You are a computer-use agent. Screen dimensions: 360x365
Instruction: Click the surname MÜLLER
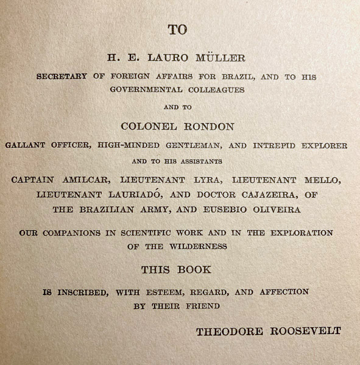pos(220,58)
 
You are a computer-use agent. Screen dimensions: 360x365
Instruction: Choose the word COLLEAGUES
pos(217,89)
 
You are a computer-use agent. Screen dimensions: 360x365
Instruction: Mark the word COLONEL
pos(148,127)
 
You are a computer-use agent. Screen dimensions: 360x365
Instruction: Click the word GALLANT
pos(25,146)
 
